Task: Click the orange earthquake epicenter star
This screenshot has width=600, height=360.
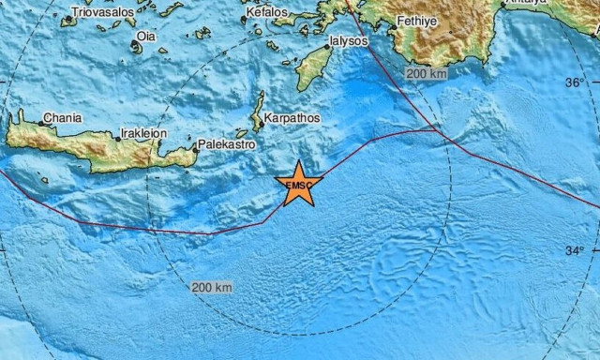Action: [299, 184]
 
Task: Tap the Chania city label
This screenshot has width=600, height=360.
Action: [62, 118]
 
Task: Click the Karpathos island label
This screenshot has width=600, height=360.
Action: [292, 119]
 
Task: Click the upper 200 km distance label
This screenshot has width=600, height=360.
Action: [425, 72]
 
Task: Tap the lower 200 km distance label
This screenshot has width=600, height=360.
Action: [210, 286]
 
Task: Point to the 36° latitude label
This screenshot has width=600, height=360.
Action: [574, 82]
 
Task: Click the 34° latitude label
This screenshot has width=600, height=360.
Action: [574, 250]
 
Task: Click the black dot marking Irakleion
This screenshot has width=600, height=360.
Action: [118, 138]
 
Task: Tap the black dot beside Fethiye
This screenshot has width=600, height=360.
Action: [398, 21]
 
